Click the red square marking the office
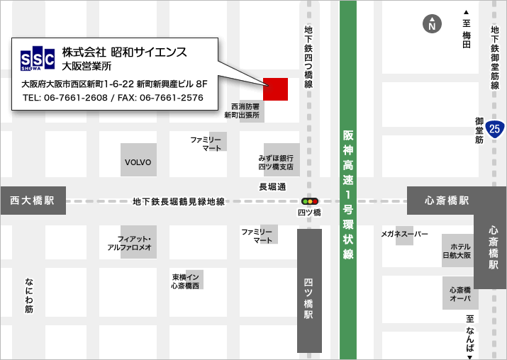[x=275, y=89]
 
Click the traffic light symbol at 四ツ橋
[x=310, y=201]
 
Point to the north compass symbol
[x=430, y=24]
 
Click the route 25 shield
[x=496, y=128]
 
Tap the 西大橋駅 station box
[x=33, y=201]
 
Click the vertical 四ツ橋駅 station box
[x=309, y=291]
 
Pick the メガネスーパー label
[x=404, y=233]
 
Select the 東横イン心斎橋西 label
[x=186, y=281]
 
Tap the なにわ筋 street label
[x=28, y=295]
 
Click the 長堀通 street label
[x=272, y=187]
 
